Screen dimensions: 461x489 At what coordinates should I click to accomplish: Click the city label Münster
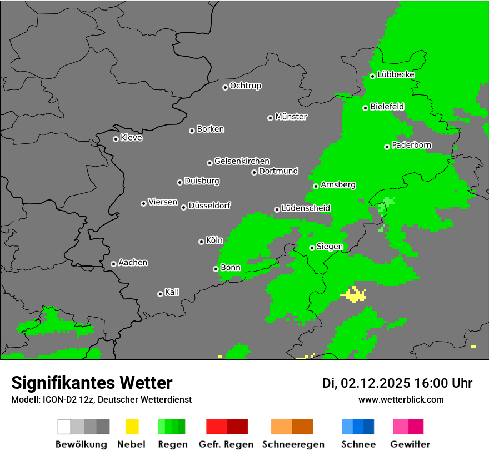tap(291, 117)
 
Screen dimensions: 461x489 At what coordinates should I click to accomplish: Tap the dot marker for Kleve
tap(116, 139)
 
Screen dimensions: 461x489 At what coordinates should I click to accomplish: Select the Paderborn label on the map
tap(411, 145)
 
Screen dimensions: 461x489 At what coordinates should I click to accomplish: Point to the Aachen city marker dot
tap(113, 264)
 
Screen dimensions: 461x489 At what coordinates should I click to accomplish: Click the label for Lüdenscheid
tap(306, 208)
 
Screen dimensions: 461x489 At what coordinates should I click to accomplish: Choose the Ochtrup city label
tap(245, 86)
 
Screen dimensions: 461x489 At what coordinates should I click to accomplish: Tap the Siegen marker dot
tap(312, 248)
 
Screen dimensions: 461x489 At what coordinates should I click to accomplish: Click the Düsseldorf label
tap(209, 206)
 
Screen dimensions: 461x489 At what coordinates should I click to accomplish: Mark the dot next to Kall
tap(160, 294)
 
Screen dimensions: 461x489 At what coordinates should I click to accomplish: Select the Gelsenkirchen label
tap(242, 161)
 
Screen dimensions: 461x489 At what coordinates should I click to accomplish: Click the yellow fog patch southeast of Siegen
tap(353, 294)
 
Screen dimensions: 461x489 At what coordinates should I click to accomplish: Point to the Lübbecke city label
tap(396, 74)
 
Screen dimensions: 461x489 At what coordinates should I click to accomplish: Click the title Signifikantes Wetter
tap(92, 383)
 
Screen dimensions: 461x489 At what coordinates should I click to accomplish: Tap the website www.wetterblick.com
tap(401, 399)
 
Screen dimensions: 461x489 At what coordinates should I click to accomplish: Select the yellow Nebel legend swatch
tap(132, 427)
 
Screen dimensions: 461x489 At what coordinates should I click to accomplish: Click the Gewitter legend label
tap(410, 444)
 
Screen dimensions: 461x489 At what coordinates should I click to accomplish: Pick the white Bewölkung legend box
tap(64, 427)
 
